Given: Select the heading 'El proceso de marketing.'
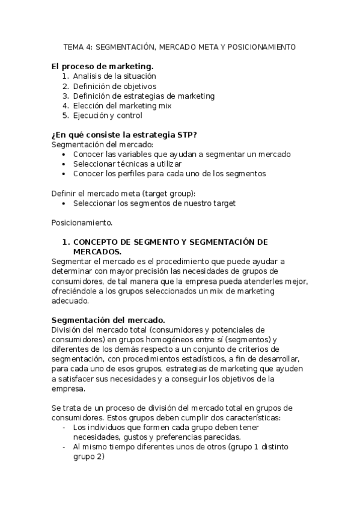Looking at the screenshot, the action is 102,66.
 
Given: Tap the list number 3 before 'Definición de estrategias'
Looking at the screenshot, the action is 65,96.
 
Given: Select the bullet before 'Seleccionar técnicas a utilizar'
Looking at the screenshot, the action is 65,164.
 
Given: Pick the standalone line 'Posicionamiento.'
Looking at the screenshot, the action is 82,223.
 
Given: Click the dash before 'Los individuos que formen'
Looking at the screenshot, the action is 64,428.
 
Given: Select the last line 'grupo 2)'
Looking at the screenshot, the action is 88,456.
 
